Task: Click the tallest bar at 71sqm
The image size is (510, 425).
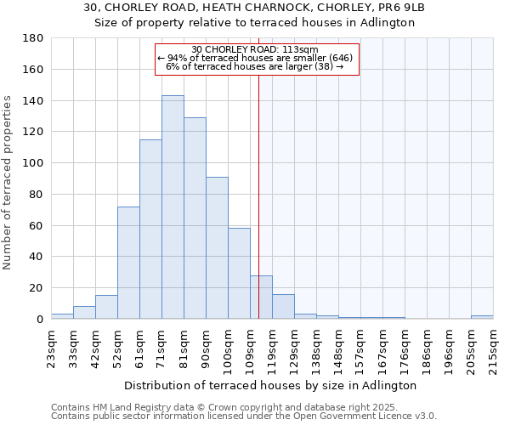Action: coord(173,207)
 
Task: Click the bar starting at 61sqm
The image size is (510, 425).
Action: coord(150,229)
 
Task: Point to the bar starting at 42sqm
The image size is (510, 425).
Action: coord(106,307)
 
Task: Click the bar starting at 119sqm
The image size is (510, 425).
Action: coord(283,307)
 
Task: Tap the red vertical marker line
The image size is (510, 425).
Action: coord(259,212)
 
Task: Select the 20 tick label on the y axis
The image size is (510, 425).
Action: coord(37,288)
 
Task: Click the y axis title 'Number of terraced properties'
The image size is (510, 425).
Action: coord(8,182)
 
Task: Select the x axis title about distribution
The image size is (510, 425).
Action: coord(271,385)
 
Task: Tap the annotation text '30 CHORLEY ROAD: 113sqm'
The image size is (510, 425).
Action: coord(255,49)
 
